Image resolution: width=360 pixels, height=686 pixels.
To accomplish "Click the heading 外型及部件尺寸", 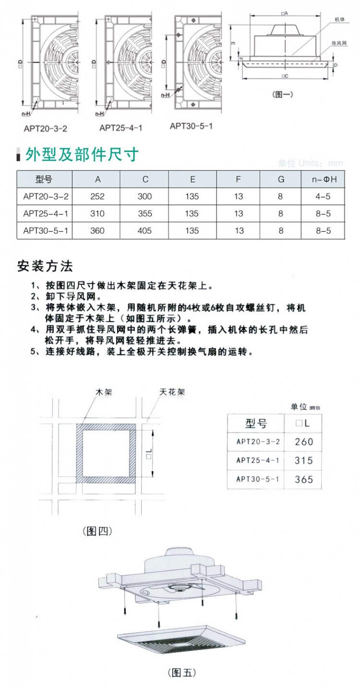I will (82, 155).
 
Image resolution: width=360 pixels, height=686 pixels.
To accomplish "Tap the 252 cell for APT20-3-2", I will (97, 196).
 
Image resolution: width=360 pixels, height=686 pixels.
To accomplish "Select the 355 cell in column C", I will (144, 214).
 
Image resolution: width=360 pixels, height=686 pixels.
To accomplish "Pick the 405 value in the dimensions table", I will (144, 231).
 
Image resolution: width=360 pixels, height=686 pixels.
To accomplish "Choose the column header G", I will (281, 180).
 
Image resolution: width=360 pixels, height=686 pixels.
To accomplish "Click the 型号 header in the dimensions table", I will (44, 180).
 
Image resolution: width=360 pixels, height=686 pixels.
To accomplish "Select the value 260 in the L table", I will (303, 442).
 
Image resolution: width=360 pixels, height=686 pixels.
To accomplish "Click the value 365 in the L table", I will (303, 479).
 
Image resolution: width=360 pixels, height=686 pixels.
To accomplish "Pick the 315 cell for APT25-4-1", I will (303, 460).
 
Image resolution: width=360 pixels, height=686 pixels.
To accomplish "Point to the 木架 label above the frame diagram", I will (104, 392).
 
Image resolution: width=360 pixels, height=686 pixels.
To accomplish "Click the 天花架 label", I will (171, 392).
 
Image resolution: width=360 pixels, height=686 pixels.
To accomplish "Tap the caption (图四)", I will (97, 530).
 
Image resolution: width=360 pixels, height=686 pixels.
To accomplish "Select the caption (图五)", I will (182, 672).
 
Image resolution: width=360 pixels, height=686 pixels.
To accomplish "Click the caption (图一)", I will (282, 94).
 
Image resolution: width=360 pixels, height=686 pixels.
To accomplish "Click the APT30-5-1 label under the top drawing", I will (191, 126).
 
